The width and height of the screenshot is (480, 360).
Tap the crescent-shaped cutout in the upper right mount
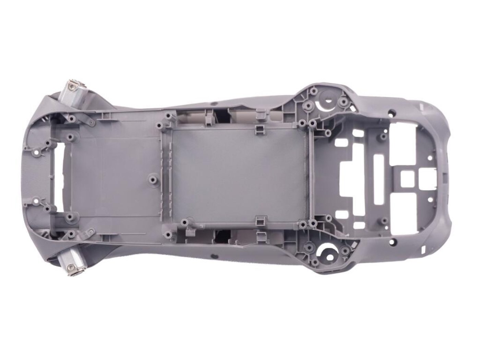[x=326, y=100]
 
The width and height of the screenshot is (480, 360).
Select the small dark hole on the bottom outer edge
[x=213, y=256]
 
